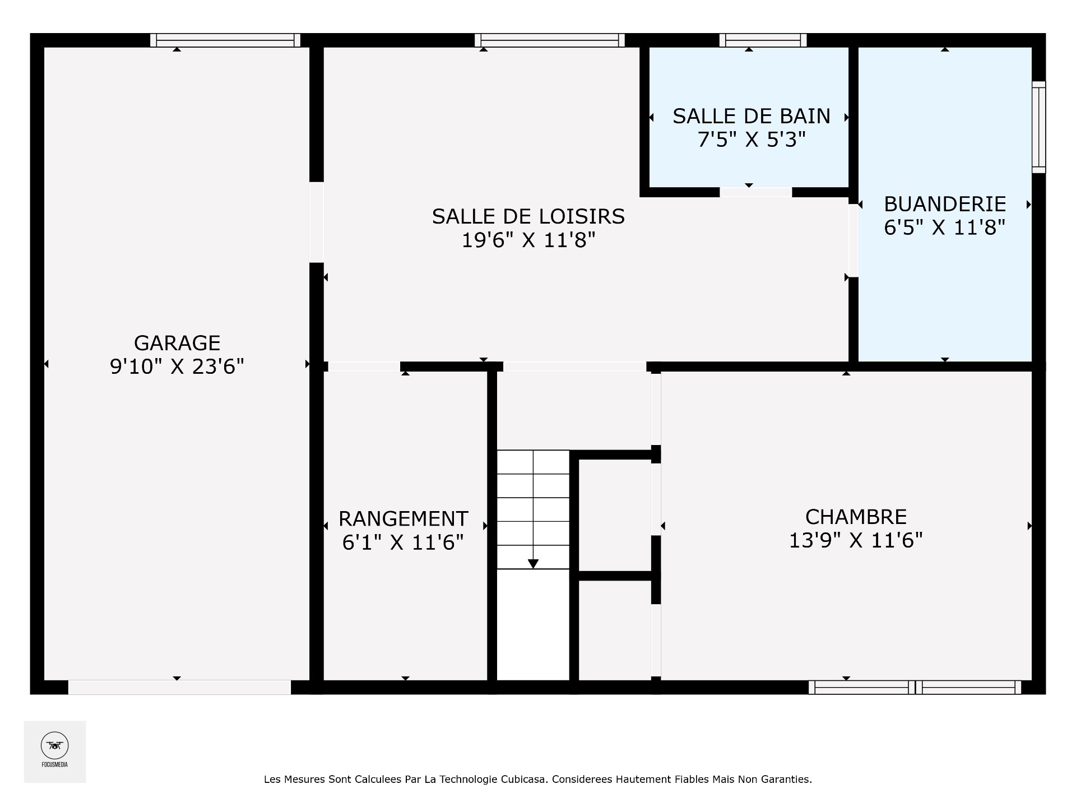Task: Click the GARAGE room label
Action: pyautogui.click(x=177, y=342)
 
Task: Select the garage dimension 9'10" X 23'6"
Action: pyautogui.click(x=177, y=367)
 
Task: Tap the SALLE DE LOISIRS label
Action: pyautogui.click(x=528, y=216)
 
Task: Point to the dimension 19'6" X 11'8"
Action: pyautogui.click(x=528, y=240)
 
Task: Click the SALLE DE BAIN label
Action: pyautogui.click(x=752, y=116)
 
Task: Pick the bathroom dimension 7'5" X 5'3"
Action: pyautogui.click(x=752, y=140)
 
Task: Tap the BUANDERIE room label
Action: pyautogui.click(x=945, y=203)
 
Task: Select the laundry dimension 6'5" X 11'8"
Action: pyautogui.click(x=945, y=228)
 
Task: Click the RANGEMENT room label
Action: pyautogui.click(x=403, y=518)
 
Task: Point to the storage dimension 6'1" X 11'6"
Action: pyautogui.click(x=403, y=542)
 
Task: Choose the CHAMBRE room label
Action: pyautogui.click(x=856, y=516)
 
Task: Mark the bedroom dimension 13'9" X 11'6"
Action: pyautogui.click(x=856, y=540)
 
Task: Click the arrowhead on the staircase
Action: pyautogui.click(x=533, y=564)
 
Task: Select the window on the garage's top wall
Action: pyautogui.click(x=225, y=40)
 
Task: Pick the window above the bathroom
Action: pyautogui.click(x=763, y=40)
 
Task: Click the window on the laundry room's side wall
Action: pyautogui.click(x=1039, y=127)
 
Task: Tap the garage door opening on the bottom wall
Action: pyautogui.click(x=179, y=688)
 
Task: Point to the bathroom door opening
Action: pyautogui.click(x=755, y=192)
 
